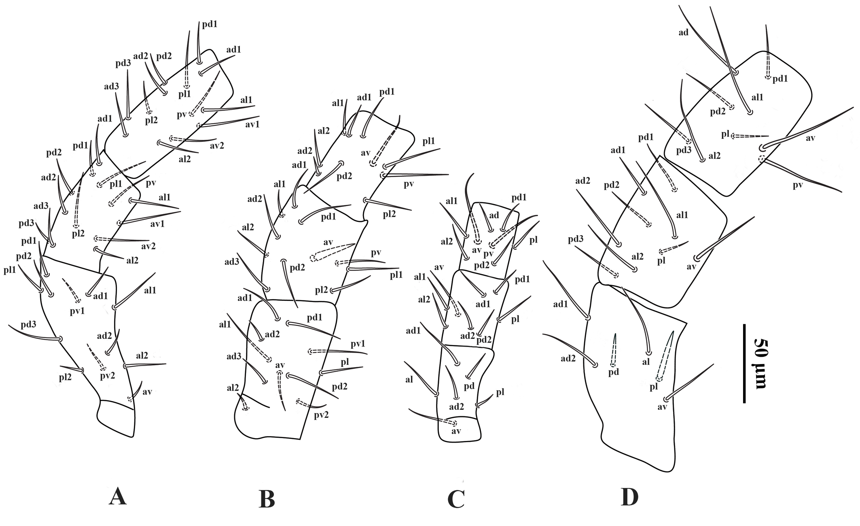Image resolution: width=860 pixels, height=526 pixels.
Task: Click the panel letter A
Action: (118, 497)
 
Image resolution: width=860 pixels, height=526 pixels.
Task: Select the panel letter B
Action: (267, 499)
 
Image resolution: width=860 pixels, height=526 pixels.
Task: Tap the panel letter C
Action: (456, 499)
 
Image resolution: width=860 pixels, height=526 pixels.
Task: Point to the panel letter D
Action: (629, 498)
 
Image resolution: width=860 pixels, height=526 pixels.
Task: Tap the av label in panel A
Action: (147, 392)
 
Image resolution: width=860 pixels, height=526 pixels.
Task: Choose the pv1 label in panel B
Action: (358, 344)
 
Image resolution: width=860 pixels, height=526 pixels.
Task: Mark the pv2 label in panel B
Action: (320, 414)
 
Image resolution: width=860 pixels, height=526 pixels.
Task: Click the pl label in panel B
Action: (345, 362)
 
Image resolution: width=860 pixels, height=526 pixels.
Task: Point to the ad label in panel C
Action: (494, 215)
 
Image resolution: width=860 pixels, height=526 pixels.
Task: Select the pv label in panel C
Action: (489, 254)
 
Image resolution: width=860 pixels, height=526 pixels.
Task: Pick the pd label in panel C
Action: (469, 386)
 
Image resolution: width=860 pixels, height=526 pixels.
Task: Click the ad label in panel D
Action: (684, 32)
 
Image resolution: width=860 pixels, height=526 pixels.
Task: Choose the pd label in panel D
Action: (614, 372)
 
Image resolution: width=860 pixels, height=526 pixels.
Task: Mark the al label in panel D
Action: (646, 362)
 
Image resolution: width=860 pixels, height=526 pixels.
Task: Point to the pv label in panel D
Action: (798, 185)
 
